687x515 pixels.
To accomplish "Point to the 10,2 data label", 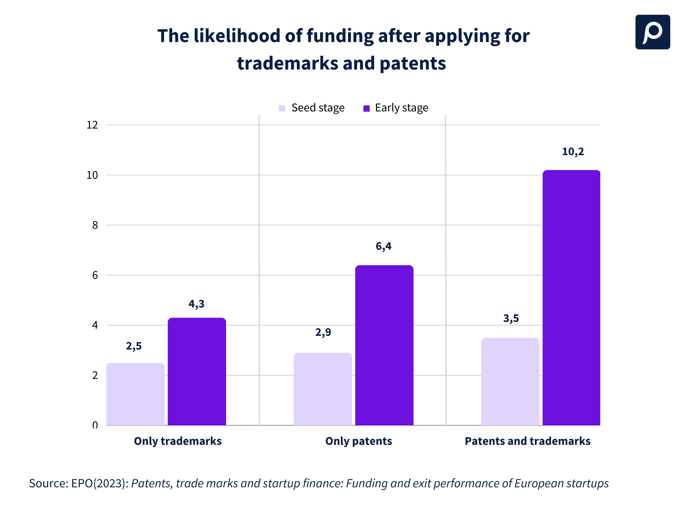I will point(573,151).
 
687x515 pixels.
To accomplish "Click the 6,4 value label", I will point(384,246).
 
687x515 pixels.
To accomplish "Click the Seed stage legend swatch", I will point(282,108).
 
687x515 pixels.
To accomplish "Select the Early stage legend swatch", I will point(366,108).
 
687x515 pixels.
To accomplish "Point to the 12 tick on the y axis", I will point(92,125).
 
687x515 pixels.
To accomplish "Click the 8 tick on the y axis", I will point(95,225).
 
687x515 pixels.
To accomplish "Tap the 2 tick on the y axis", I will point(95,376).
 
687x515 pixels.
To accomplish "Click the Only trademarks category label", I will point(178,441).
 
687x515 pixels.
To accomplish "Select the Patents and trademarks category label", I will point(527,441).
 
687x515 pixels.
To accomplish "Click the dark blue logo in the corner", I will point(652,32).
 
